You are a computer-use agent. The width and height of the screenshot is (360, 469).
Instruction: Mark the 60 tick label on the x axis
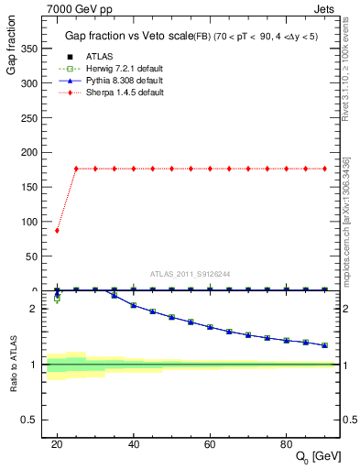tap(210, 443)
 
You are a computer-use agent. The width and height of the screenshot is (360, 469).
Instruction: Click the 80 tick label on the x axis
tap(287, 443)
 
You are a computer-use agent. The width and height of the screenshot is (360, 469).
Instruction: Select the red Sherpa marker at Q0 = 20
tap(57, 230)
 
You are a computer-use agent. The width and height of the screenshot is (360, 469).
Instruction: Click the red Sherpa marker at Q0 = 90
tap(325, 169)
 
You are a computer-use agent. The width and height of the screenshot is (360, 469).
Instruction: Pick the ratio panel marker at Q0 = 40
tap(134, 305)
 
